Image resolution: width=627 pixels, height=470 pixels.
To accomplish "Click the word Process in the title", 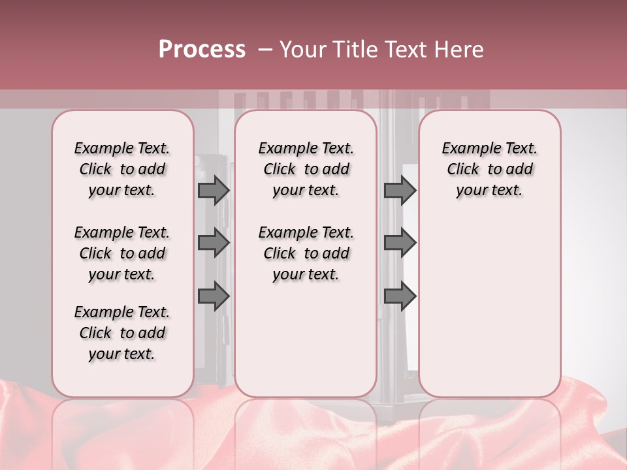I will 202,49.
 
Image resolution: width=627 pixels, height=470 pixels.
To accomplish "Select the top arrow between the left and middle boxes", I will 214,191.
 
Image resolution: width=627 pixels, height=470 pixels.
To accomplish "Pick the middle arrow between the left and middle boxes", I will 214,243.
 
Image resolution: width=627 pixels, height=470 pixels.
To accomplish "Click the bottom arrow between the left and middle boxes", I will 214,296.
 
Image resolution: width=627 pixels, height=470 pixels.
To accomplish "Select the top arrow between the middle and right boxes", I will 400,191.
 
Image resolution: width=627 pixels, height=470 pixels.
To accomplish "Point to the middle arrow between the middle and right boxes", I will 400,243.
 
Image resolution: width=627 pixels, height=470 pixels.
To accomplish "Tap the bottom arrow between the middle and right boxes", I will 400,296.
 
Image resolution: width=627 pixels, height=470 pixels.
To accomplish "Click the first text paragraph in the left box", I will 122,169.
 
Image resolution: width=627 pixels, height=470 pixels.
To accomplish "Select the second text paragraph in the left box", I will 122,253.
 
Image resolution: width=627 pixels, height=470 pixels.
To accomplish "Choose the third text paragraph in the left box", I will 122,333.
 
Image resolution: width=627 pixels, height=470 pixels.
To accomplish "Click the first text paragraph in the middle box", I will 306,169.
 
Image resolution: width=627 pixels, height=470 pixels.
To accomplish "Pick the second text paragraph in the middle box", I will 306,253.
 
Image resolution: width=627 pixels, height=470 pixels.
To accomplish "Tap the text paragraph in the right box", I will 489,169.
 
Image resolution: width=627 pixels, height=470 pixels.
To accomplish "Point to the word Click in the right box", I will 463,170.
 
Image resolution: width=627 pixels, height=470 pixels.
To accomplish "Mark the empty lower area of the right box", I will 489,300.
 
